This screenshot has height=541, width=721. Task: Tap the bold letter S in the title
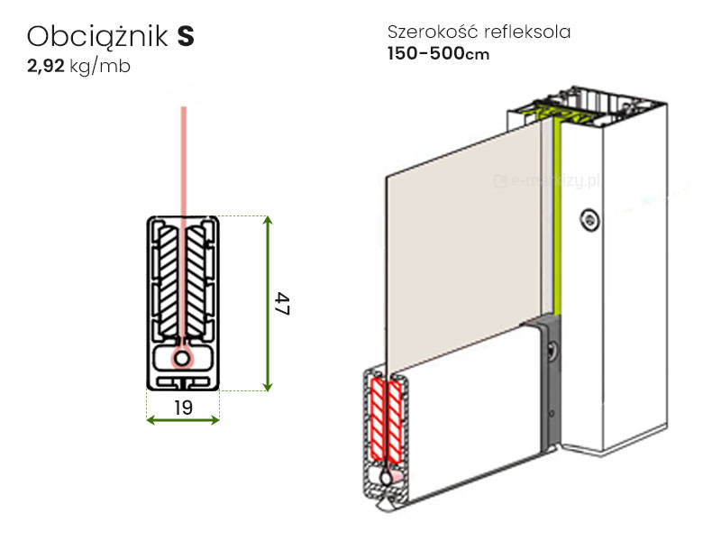(x=186, y=36)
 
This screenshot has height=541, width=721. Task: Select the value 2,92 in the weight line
(x=45, y=67)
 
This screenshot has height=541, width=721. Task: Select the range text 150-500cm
(x=439, y=53)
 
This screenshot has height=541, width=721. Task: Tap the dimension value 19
(x=183, y=408)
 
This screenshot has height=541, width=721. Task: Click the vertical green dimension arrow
(x=267, y=303)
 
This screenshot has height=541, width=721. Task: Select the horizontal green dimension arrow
(x=183, y=420)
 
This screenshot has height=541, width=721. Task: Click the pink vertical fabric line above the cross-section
(x=184, y=162)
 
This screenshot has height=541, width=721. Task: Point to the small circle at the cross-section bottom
(x=183, y=359)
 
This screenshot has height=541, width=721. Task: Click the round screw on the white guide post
(x=589, y=218)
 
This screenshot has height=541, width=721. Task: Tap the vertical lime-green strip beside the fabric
(x=557, y=216)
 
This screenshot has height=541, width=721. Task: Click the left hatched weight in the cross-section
(x=168, y=280)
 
